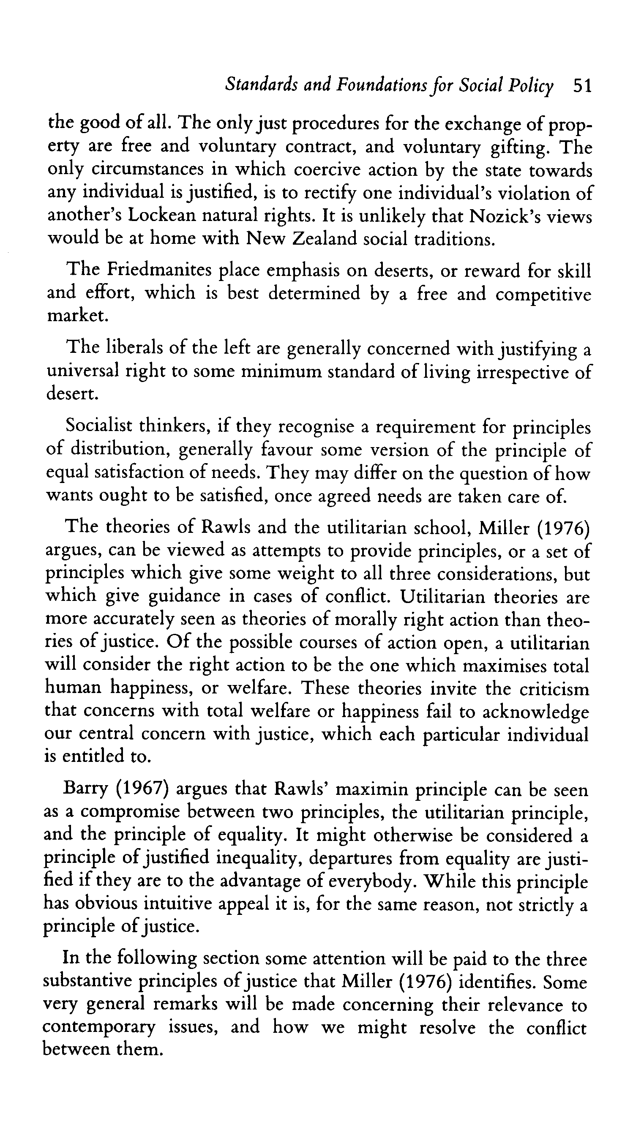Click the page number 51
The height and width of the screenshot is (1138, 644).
tap(581, 86)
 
